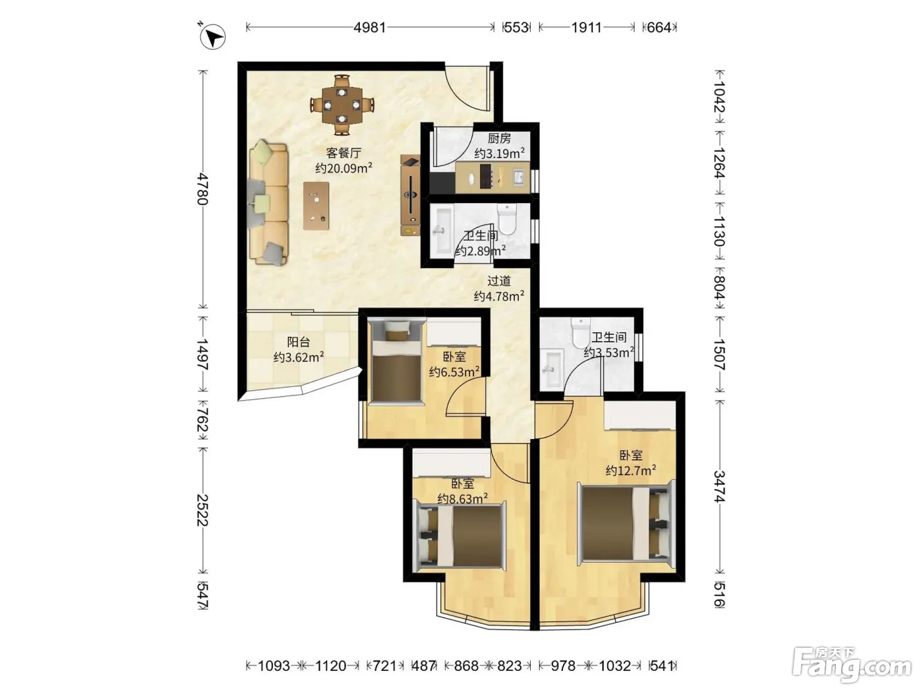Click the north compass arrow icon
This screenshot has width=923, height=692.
click(213, 36)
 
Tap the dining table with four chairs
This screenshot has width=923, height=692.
click(342, 105)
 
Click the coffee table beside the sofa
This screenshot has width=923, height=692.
click(316, 206)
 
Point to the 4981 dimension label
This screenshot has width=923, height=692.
click(370, 27)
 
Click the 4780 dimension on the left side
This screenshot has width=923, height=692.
click(202, 188)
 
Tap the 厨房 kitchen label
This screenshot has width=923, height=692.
click(499, 138)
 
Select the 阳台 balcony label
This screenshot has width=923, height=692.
click(298, 341)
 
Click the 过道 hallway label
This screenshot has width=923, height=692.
click(499, 280)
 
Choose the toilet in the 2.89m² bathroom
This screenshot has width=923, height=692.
click(507, 219)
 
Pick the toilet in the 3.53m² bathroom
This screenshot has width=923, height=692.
click(581, 332)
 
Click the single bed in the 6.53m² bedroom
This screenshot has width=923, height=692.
click(395, 361)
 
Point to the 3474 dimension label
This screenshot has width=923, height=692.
click(720, 486)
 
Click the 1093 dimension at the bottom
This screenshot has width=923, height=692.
click(274, 666)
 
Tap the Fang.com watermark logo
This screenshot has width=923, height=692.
click(852, 665)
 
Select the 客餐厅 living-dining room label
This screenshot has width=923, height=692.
click(343, 152)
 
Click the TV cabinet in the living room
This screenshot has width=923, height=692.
click(410, 195)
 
